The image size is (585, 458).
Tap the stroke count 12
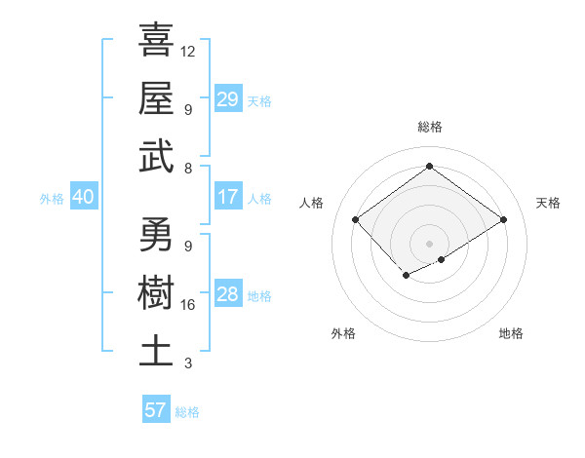point(188,51)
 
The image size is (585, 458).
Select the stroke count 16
point(188,305)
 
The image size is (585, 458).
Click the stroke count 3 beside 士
point(187,363)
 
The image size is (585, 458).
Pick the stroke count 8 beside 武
point(187,168)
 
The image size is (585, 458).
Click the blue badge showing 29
point(227,99)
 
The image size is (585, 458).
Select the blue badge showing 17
point(227,197)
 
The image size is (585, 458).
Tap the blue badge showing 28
point(227,294)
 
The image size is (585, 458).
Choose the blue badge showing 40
point(83,197)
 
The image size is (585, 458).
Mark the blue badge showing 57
point(155,409)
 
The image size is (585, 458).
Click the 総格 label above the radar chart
point(429,127)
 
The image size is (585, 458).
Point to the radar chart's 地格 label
point(511,333)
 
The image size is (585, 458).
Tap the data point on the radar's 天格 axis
point(503,220)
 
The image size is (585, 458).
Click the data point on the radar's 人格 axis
point(355,220)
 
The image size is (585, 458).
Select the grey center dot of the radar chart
point(429,242)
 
